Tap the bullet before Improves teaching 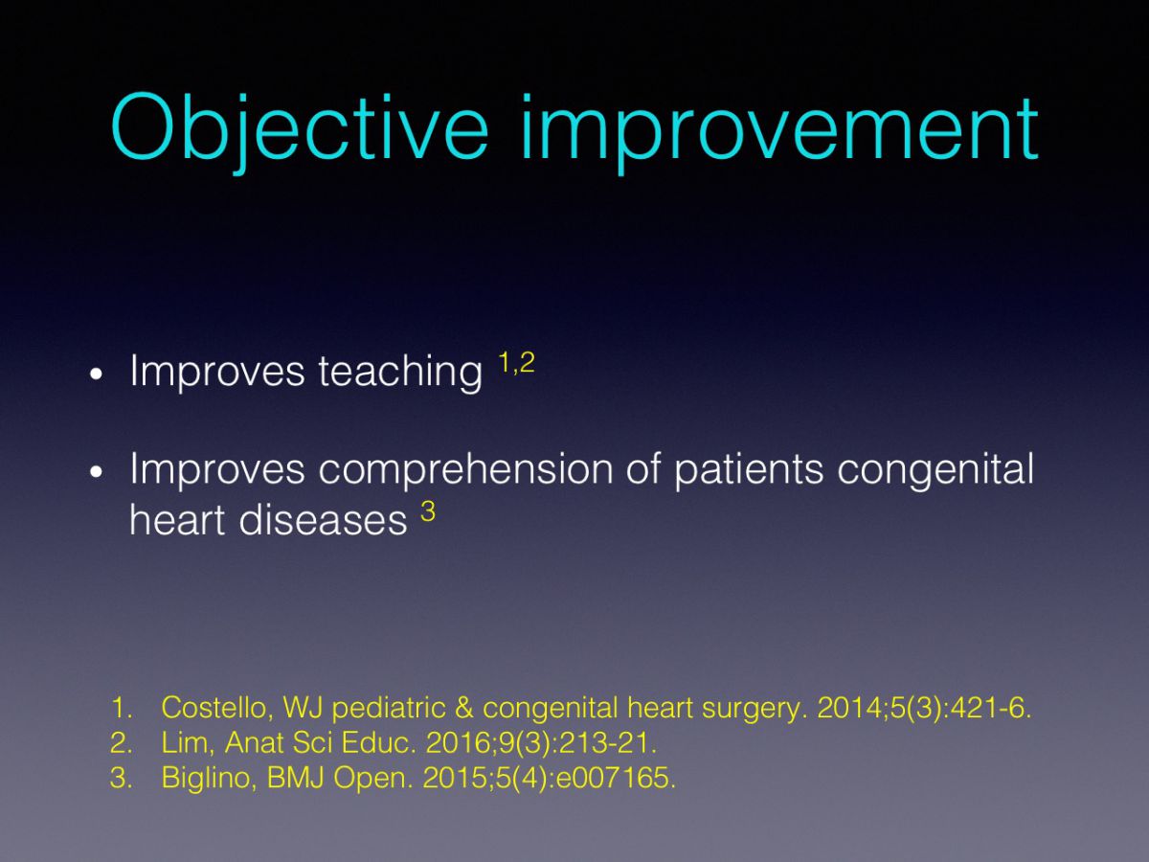(x=96, y=374)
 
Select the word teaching (x=400, y=372)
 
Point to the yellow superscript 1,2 (x=517, y=363)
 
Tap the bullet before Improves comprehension (x=96, y=471)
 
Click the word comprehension (x=465, y=469)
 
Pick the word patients (x=749, y=469)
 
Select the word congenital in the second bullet (x=935, y=469)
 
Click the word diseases (x=323, y=520)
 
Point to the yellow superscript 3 (x=428, y=511)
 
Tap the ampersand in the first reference (x=464, y=708)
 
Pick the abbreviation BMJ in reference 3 (x=296, y=778)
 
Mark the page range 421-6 (x=991, y=708)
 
